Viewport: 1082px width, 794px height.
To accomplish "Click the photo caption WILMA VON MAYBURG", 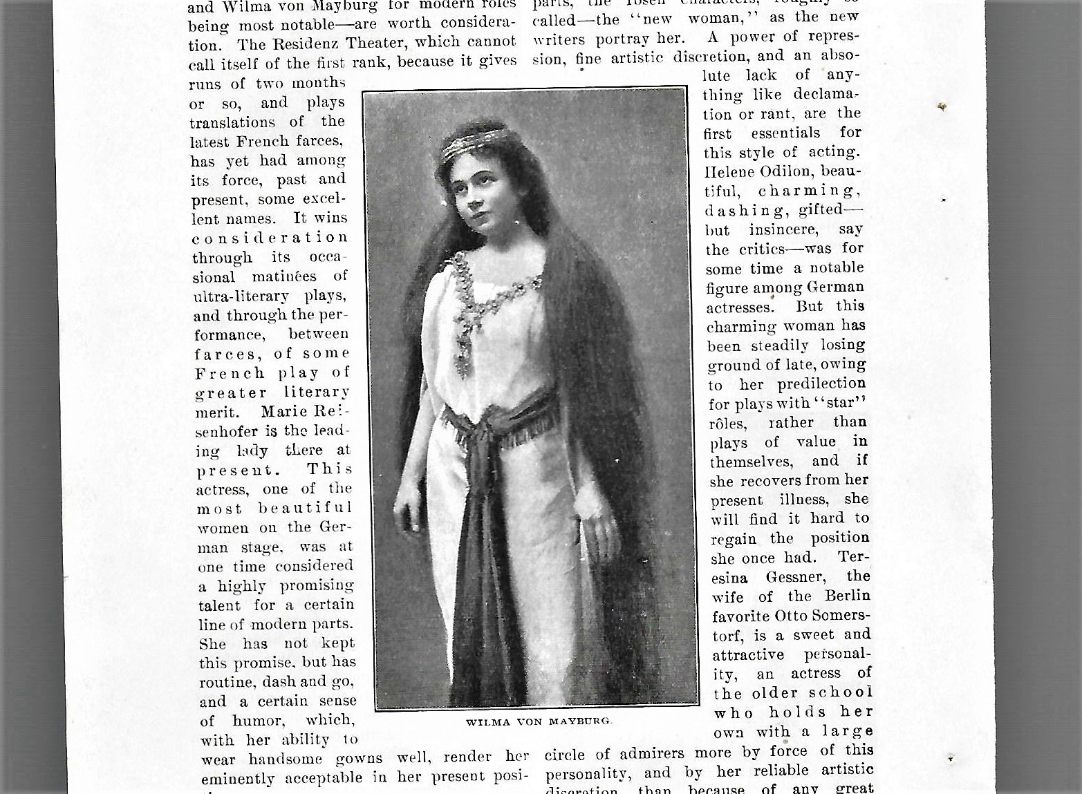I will point(539,721).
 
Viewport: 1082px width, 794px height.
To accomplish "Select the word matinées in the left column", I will point(285,277).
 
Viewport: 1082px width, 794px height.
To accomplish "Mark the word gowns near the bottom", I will point(362,759).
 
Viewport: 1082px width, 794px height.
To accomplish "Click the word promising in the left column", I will point(317,586).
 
